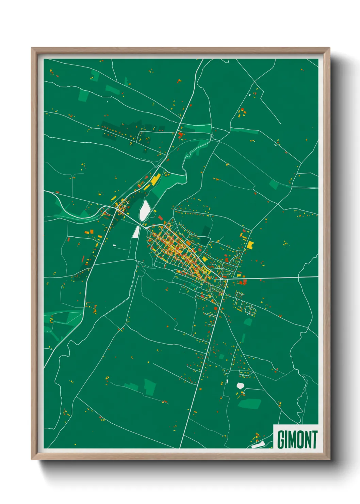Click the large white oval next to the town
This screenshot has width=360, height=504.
coord(144,210)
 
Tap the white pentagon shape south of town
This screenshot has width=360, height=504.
coord(241,385)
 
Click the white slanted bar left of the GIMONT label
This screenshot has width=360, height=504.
coord(258,444)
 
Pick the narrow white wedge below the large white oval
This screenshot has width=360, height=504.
coord(136,232)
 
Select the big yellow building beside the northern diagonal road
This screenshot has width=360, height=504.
coord(156,179)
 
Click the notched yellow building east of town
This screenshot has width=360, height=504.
coord(251,245)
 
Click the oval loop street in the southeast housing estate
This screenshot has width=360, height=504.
coord(250,310)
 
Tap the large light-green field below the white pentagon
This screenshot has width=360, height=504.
coord(249,404)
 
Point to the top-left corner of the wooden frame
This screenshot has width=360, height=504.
coord(32,48)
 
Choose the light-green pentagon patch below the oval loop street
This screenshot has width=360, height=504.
coord(248,321)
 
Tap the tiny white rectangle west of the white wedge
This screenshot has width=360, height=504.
coord(114,245)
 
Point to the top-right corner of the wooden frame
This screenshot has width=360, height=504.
coord(329,48)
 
